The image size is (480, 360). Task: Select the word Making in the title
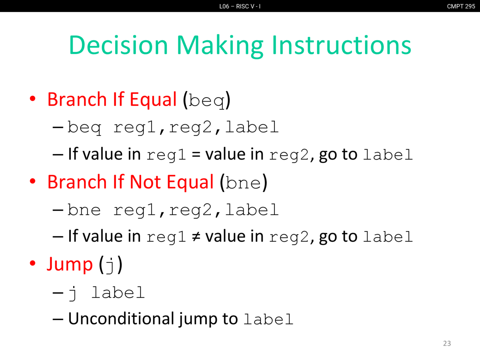click(220, 46)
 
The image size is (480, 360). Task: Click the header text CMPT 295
click(461, 6)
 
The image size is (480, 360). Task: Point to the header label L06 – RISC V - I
click(240, 6)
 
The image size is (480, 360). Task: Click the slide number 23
click(447, 343)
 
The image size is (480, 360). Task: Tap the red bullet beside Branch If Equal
click(33, 99)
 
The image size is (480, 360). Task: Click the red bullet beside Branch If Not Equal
click(33, 181)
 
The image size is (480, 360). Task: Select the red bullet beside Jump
click(33, 263)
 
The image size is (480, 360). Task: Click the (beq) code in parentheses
click(207, 100)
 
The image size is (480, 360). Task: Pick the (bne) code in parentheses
click(244, 183)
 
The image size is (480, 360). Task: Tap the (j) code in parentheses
click(111, 265)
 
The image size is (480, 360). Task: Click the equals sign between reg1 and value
click(196, 155)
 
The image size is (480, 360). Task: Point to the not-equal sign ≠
click(196, 237)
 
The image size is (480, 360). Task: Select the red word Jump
click(70, 265)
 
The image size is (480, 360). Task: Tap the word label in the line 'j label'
click(118, 292)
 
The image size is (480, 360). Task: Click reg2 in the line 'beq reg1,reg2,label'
click(190, 127)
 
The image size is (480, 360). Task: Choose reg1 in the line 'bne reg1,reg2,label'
click(134, 210)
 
